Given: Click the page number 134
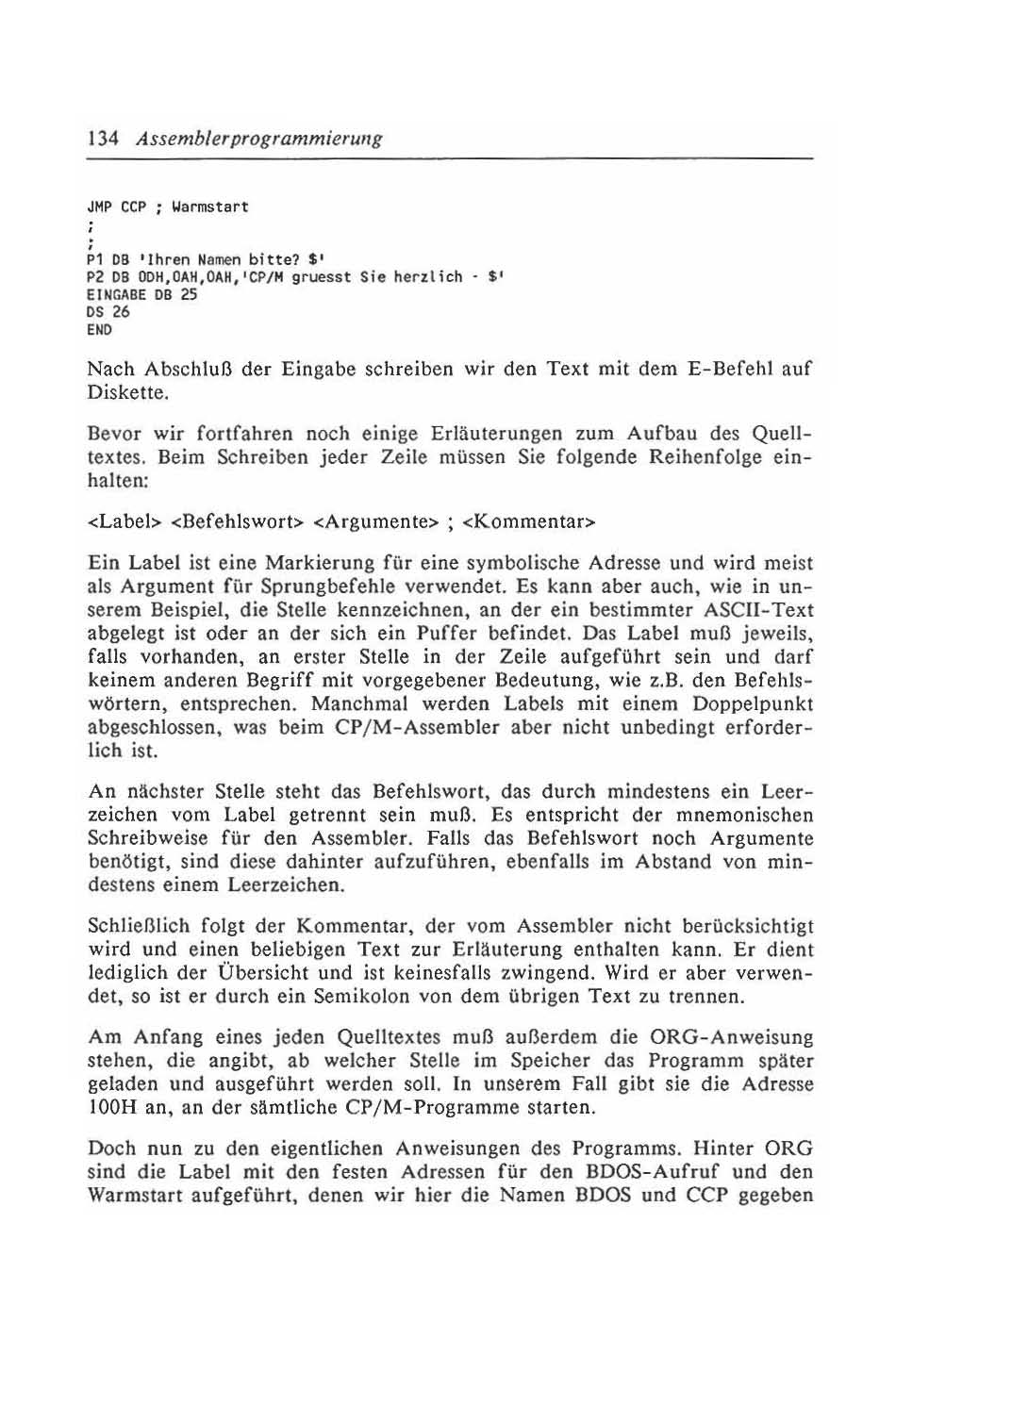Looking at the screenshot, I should [x=102, y=139].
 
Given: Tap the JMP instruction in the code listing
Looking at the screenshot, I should [x=98, y=207].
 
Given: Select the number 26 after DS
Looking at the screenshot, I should [x=121, y=312].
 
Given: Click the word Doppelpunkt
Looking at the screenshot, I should [x=753, y=704].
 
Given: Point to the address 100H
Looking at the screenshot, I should [x=111, y=1108].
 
